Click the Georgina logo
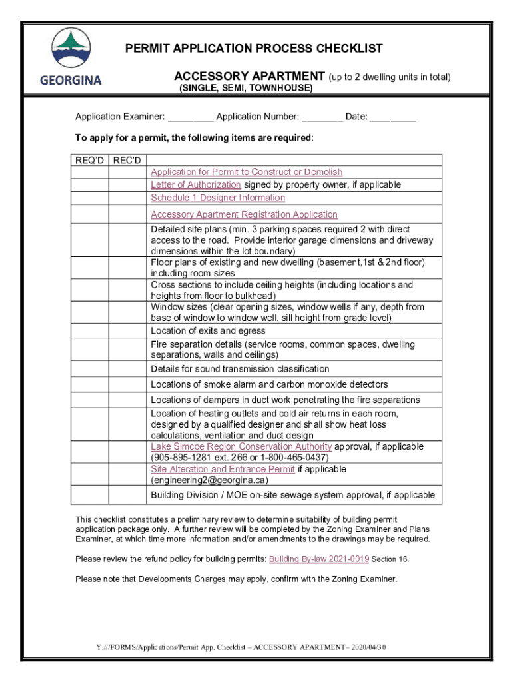70,57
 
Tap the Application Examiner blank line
191,117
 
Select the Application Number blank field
322,117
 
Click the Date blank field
393,117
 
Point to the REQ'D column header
90,160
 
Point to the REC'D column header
127,160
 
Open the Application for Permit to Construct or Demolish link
247,172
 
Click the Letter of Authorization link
195,184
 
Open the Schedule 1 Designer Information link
218,198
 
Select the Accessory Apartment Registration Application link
244,214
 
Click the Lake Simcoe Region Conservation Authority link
241,446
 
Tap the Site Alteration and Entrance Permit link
223,469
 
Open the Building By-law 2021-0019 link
318,559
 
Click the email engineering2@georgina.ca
209,480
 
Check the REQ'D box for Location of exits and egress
90,331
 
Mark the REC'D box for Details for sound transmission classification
127,369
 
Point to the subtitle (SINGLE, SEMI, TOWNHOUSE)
246,88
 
